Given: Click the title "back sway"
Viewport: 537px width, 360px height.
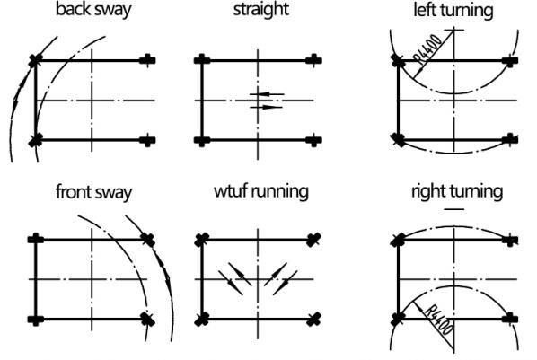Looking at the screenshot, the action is coord(93,10).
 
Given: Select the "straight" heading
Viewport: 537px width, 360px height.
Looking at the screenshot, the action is coord(261,9).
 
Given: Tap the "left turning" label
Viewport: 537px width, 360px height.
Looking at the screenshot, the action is coord(453,10).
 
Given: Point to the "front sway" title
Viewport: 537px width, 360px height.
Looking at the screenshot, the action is coord(93,192).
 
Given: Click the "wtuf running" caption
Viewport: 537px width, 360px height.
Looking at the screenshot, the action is coord(261,191).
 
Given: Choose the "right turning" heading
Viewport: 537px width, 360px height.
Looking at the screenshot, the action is coord(457,191).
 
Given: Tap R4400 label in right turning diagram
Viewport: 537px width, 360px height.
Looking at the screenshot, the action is coord(440,320).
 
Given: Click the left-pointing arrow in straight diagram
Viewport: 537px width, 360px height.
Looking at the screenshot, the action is coord(267,94).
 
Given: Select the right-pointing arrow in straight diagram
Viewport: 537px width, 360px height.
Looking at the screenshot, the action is coord(267,107).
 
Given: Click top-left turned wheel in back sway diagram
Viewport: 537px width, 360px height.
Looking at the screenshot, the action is coord(35,61).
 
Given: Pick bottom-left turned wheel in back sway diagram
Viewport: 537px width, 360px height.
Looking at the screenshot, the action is coord(35,140).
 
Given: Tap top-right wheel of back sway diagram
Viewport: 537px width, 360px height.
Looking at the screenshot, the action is coord(147,61).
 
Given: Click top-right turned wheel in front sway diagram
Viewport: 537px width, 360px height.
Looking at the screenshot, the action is coord(148,240).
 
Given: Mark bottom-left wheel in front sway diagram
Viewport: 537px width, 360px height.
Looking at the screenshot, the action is coord(36,320).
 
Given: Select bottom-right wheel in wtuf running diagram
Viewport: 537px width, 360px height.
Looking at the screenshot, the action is coord(313,319).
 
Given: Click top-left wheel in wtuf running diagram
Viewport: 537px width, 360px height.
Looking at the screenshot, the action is coord(202,240).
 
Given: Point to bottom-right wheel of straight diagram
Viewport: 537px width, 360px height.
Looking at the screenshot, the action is coord(313,140).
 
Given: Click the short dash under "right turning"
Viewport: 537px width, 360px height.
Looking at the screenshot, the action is coord(454,208).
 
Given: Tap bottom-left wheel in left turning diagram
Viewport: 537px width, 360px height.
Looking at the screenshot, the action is coord(398,140).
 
